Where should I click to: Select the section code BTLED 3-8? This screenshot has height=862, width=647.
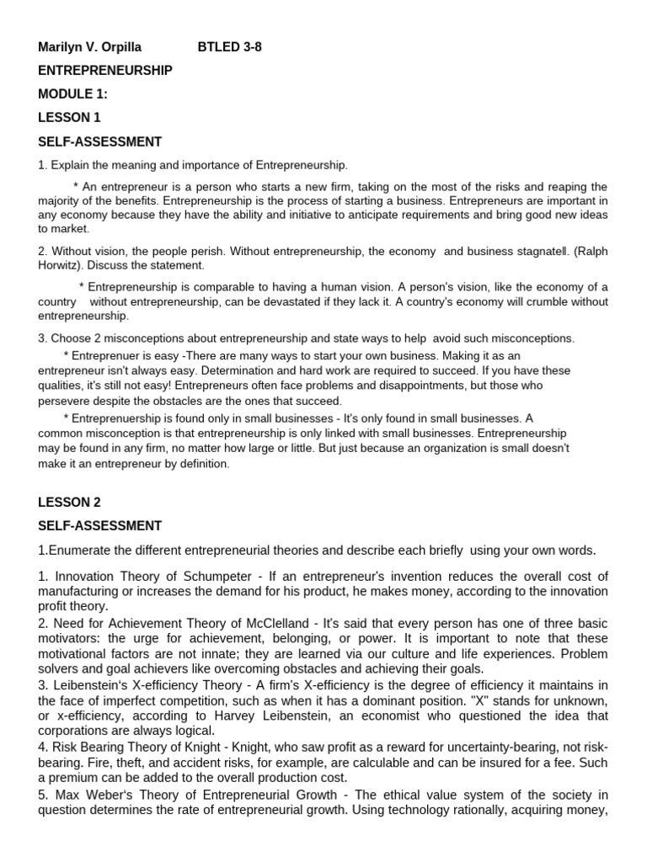tap(229, 47)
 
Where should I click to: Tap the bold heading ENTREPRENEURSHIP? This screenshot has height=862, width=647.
tap(105, 71)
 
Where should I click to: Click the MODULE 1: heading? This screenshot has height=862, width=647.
tap(72, 94)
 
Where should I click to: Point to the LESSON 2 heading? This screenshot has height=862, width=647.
tap(69, 503)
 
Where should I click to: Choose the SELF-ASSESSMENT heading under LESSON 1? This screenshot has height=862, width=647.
tap(99, 141)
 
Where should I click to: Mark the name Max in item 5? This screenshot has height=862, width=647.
tap(68, 795)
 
